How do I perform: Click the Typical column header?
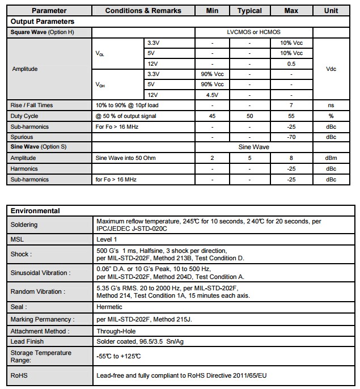click(x=249, y=10)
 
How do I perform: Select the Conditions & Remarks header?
click(x=143, y=10)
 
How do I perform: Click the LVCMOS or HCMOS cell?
click(x=249, y=32)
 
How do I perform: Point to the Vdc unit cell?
click(x=331, y=69)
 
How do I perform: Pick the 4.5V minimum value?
click(x=212, y=95)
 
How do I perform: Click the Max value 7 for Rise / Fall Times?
click(x=291, y=105)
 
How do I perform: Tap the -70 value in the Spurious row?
click(x=291, y=137)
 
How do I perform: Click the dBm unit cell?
click(x=331, y=158)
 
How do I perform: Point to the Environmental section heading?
click(x=35, y=210)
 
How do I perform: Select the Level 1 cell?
click(x=107, y=240)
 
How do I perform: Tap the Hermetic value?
click(x=109, y=307)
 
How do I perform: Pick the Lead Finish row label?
click(x=27, y=341)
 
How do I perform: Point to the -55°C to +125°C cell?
click(x=120, y=357)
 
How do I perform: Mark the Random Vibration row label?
click(x=38, y=291)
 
